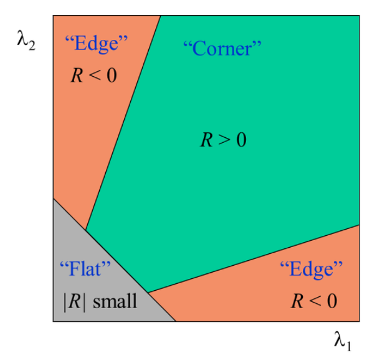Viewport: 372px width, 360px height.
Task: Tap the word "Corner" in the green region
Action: point(222,48)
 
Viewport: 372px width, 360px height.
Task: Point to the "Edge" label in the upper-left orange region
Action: point(96,43)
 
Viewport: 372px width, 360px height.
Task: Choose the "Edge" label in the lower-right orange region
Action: point(312,269)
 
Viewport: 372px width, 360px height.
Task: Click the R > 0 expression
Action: point(223,140)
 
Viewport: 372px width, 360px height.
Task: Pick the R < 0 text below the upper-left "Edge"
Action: point(93,75)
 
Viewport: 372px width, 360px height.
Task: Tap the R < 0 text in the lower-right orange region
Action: point(314,301)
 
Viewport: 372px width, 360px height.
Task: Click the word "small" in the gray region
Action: point(115,301)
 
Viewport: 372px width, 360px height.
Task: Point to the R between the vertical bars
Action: point(75,301)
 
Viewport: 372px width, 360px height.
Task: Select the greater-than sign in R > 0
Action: point(224,140)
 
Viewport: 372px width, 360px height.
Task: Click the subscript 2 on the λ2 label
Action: point(32,45)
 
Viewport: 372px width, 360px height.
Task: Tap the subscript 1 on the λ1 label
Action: point(348,346)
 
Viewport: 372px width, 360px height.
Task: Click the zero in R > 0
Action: point(241,140)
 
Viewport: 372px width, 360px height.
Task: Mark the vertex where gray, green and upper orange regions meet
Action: point(85,230)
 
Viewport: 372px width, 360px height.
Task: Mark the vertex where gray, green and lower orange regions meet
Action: point(148,292)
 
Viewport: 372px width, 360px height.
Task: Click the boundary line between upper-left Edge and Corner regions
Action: point(123,123)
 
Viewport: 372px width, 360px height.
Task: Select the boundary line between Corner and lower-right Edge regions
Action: point(254,259)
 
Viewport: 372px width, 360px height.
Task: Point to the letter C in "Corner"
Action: point(199,48)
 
